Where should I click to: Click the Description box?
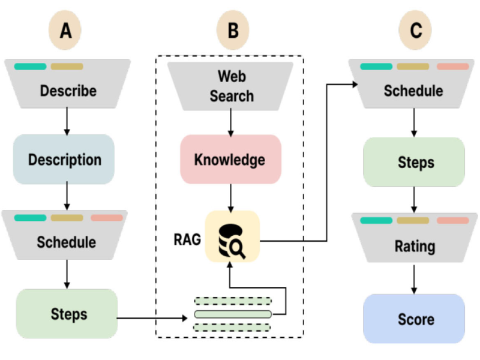tap(64, 160)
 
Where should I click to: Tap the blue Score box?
tap(414, 319)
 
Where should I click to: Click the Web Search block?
tap(231, 86)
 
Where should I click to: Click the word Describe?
tap(68, 91)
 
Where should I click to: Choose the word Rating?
tap(415, 246)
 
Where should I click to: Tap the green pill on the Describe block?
tap(30, 66)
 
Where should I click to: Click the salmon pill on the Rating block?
tap(453, 220)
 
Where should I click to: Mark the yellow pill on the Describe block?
tap(67, 66)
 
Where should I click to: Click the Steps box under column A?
tap(66, 314)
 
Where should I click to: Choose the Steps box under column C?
tap(414, 163)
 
